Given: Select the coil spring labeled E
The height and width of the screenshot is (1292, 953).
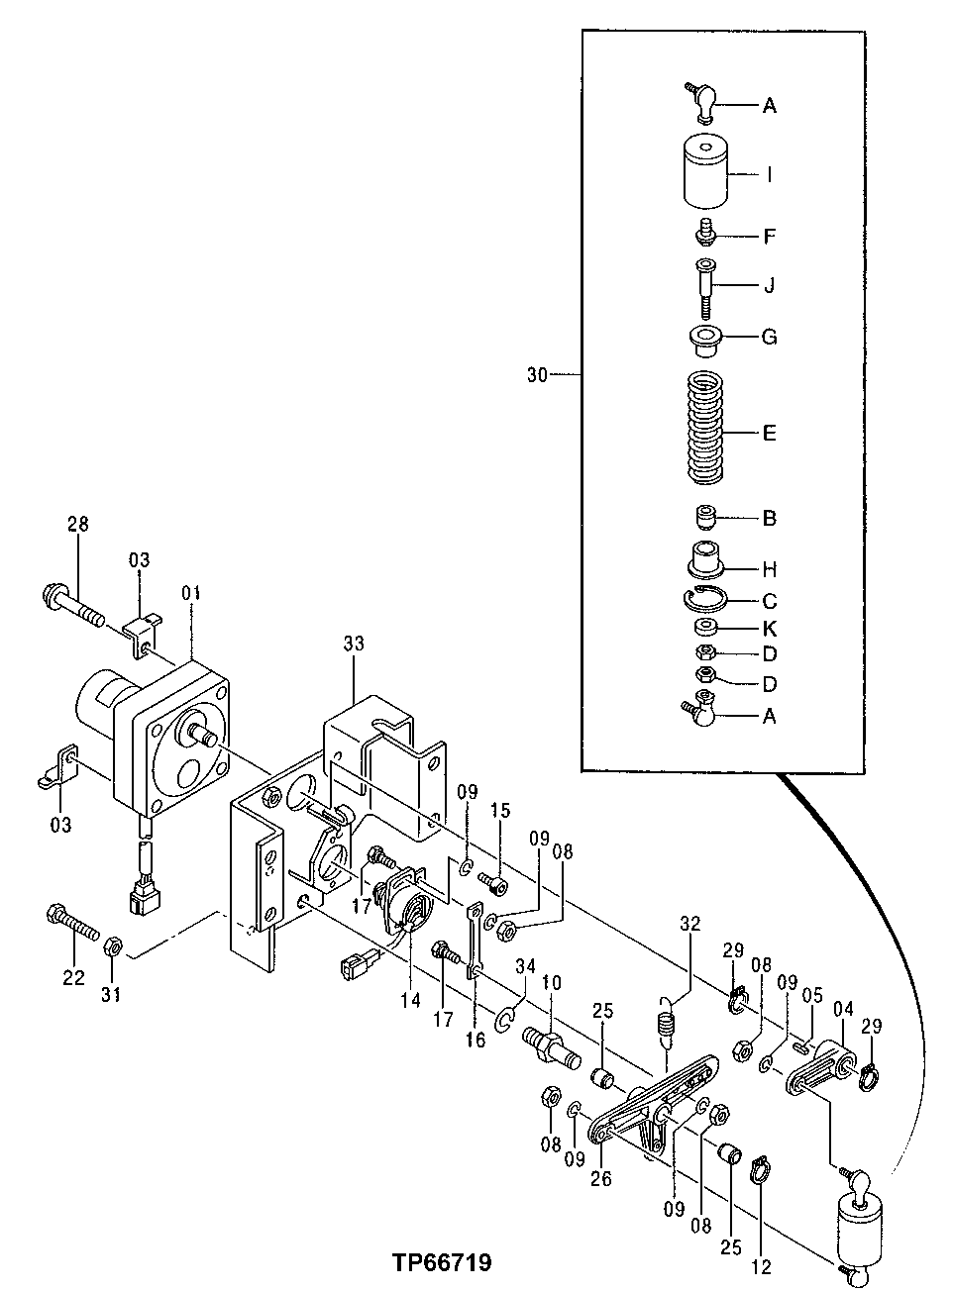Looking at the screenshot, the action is pyautogui.click(x=704, y=427).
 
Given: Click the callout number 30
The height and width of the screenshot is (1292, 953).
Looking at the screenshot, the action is pyautogui.click(x=537, y=375).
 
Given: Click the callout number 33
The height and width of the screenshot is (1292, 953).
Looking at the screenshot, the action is pyautogui.click(x=354, y=644).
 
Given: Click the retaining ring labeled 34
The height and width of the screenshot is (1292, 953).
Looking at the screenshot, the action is pyautogui.click(x=504, y=1022).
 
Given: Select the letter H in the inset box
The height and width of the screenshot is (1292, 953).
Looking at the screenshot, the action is pyautogui.click(x=770, y=569).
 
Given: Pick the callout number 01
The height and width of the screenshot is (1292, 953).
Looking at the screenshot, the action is pyautogui.click(x=191, y=593).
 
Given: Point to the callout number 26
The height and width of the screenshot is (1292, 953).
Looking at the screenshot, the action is pyautogui.click(x=601, y=1178).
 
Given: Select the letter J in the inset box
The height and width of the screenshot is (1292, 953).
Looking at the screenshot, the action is pyautogui.click(x=770, y=285).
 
